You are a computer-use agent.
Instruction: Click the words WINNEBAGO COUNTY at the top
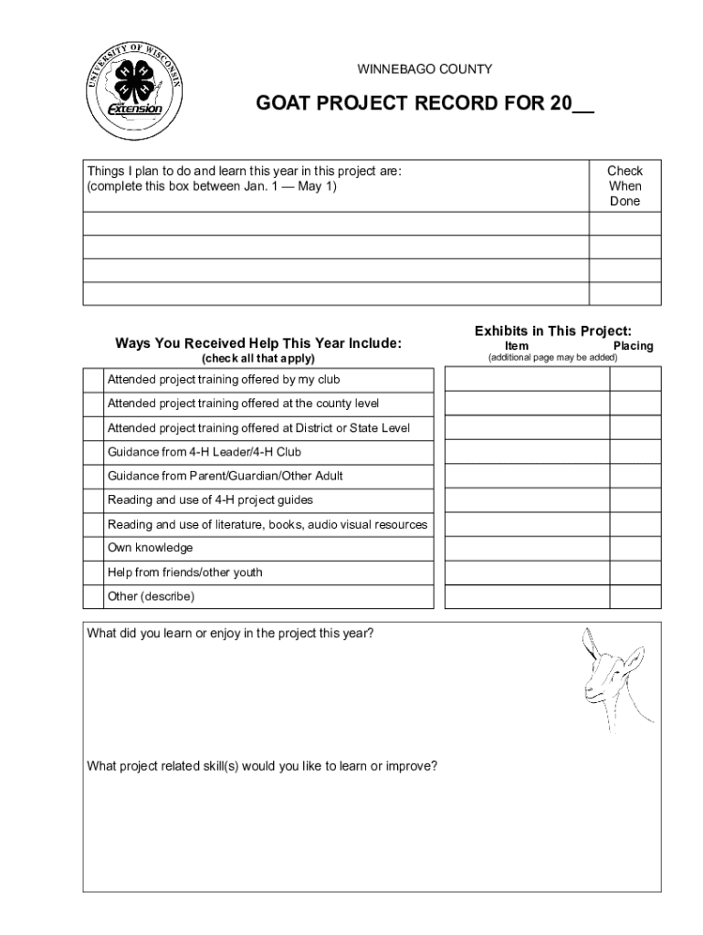(x=425, y=69)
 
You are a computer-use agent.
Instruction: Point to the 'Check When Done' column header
(x=624, y=185)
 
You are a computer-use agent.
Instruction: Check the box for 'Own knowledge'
(x=92, y=548)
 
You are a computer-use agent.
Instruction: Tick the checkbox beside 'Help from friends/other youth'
(x=92, y=573)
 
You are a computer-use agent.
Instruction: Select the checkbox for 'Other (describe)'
(x=92, y=597)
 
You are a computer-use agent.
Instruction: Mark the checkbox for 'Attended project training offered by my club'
(x=92, y=379)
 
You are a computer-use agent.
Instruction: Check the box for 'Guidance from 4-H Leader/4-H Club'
(x=92, y=452)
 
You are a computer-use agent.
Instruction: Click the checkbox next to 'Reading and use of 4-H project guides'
(x=92, y=500)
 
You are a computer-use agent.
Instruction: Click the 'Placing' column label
(x=633, y=346)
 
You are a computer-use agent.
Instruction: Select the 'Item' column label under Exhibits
(x=517, y=346)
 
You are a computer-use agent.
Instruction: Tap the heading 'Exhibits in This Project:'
(x=553, y=331)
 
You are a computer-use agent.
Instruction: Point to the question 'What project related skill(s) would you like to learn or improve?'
(x=262, y=765)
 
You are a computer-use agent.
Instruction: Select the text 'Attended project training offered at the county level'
(x=243, y=404)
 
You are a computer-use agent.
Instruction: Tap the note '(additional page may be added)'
(x=552, y=357)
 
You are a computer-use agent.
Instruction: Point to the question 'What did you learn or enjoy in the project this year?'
(x=229, y=634)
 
